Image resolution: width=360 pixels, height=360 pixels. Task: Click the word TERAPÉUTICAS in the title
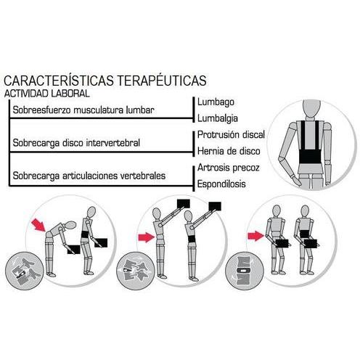tap(162, 81)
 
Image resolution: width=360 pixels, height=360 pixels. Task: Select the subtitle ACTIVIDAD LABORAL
tap(47, 94)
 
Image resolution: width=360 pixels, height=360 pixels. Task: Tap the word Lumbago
tap(216, 102)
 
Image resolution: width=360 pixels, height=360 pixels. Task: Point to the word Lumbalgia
tap(218, 118)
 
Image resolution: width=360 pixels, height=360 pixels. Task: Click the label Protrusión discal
tap(231, 134)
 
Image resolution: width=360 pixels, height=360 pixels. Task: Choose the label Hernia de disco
tap(229, 151)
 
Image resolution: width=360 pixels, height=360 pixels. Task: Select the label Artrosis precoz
tap(229, 168)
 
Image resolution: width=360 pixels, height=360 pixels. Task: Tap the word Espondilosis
tap(221, 184)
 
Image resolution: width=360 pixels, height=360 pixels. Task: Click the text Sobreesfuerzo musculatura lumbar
tap(83, 110)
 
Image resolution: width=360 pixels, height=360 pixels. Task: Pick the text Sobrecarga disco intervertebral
tap(76, 143)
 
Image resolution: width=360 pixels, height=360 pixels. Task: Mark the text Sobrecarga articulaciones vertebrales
tap(89, 176)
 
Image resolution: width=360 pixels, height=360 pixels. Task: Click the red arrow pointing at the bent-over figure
tap(38, 224)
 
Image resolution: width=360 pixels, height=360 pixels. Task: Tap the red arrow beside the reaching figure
tap(146, 237)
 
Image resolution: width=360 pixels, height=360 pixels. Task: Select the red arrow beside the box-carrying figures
tap(255, 236)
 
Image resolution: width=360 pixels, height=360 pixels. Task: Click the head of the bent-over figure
tap(70, 225)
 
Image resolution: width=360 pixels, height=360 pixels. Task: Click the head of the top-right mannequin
tap(311, 108)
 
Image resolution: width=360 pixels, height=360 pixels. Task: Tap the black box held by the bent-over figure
tap(74, 250)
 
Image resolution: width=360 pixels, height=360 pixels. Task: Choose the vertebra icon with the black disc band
tap(245, 270)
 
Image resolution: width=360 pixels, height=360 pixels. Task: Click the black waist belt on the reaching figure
tap(192, 239)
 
